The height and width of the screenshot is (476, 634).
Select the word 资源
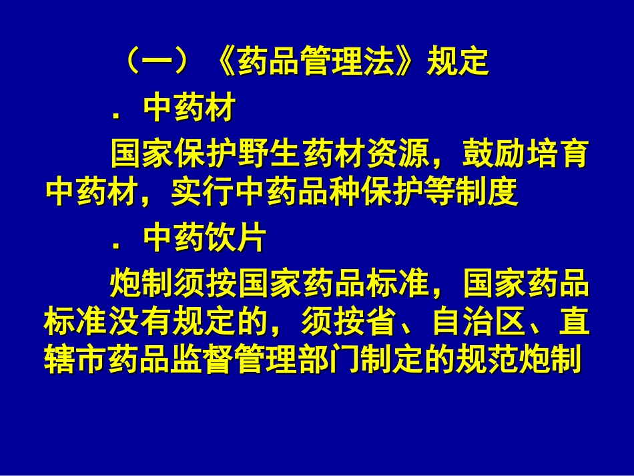point(393,154)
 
